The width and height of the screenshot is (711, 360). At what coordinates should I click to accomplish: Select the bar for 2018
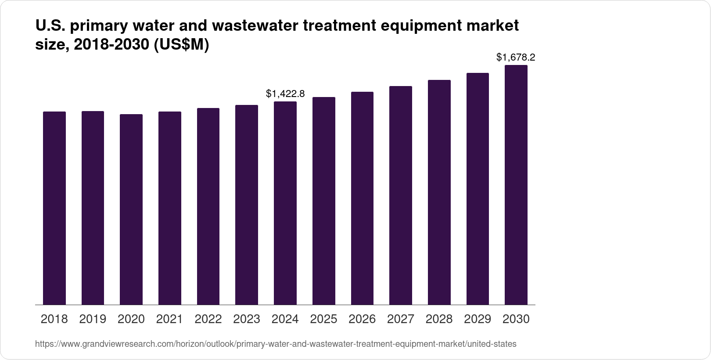click(x=54, y=208)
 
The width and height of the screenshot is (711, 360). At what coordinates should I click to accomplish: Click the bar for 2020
click(x=131, y=209)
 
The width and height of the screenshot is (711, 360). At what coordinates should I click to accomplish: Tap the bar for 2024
click(x=285, y=203)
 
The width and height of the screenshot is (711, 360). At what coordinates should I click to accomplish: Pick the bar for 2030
click(x=516, y=185)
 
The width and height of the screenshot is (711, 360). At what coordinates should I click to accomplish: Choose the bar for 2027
click(x=401, y=195)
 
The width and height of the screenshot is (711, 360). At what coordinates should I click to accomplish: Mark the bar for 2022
click(x=208, y=206)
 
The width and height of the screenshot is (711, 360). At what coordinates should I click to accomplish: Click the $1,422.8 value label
click(x=285, y=94)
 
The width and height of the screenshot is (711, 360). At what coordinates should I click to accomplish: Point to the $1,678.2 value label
click(x=516, y=58)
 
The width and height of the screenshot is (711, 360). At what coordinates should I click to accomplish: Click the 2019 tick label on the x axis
click(x=93, y=319)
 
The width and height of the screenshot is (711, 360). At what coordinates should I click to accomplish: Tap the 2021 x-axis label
click(x=169, y=319)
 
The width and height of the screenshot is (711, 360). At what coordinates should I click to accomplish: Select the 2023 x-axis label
click(x=247, y=319)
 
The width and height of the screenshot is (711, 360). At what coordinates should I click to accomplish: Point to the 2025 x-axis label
click(x=323, y=319)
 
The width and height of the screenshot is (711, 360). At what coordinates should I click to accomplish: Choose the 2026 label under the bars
click(x=362, y=319)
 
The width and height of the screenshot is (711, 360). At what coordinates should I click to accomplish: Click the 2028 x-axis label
click(x=439, y=319)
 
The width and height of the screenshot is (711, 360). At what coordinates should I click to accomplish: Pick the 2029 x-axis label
click(x=478, y=319)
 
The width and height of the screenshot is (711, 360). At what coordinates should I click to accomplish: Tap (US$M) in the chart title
click(x=181, y=45)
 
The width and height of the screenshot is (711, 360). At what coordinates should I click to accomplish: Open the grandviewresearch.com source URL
click(x=276, y=344)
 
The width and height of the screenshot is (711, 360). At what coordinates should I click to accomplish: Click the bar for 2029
click(x=478, y=189)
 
